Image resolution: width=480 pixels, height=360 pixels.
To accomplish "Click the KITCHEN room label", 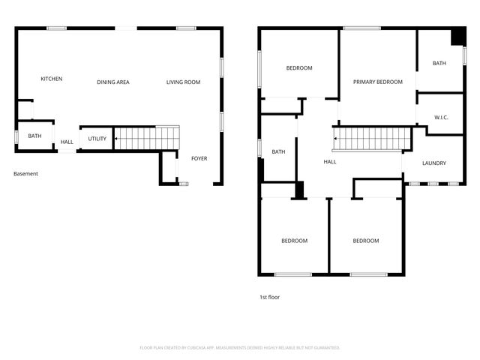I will (x=51, y=79).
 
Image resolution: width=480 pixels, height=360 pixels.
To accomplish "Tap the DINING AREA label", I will (x=113, y=82).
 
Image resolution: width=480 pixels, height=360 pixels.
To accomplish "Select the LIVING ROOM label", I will (x=183, y=82).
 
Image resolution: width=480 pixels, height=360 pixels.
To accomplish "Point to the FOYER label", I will (x=199, y=158).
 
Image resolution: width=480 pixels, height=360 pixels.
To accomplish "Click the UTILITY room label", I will (x=97, y=139).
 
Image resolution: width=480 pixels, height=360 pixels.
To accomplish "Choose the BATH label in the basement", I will (x=35, y=136).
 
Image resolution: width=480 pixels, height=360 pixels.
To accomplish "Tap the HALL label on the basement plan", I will (x=67, y=142).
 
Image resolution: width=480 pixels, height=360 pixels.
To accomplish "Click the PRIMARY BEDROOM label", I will (x=378, y=82).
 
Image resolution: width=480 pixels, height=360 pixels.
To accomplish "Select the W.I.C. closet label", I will (x=441, y=118).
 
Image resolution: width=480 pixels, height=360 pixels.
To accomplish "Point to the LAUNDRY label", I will (x=434, y=163).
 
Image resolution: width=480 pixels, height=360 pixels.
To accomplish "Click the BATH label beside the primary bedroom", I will (x=439, y=63).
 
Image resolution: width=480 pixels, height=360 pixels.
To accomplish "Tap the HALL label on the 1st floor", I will (x=330, y=161).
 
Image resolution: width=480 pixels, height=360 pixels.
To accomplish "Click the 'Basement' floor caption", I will (x=25, y=173).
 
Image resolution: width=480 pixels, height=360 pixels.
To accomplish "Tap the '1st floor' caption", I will (x=269, y=297).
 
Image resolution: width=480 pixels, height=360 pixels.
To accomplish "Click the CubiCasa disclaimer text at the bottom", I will (x=240, y=347).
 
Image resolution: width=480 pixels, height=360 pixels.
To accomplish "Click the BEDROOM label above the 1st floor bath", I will (x=299, y=68).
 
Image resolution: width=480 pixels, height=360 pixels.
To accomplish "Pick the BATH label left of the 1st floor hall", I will (x=278, y=151).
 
